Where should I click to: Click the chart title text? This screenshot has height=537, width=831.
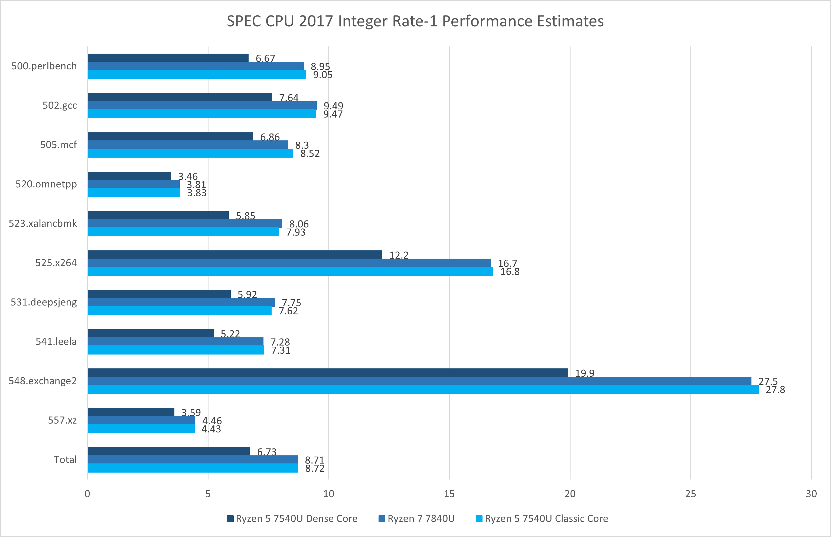point(415,21)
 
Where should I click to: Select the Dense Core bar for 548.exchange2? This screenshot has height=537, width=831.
point(328,372)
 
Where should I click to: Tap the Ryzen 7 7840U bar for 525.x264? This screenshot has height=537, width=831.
point(289,263)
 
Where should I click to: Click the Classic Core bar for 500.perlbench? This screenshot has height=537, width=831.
point(197,74)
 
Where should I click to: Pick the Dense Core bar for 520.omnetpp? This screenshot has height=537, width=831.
point(129,176)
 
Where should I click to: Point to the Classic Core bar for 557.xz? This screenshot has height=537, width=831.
point(141,429)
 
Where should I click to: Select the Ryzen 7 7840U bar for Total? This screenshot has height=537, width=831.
point(193,459)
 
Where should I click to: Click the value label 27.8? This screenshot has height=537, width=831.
point(775,389)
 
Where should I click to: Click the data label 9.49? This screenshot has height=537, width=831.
point(333,106)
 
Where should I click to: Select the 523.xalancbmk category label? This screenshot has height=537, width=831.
point(43,223)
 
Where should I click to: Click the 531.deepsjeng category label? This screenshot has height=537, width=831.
point(44,302)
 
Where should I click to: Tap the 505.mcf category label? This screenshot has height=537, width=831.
point(58,145)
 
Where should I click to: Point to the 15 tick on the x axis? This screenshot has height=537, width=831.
point(449,493)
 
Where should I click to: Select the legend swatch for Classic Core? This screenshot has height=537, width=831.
point(479,519)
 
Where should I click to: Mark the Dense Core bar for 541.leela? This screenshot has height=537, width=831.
point(151,333)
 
